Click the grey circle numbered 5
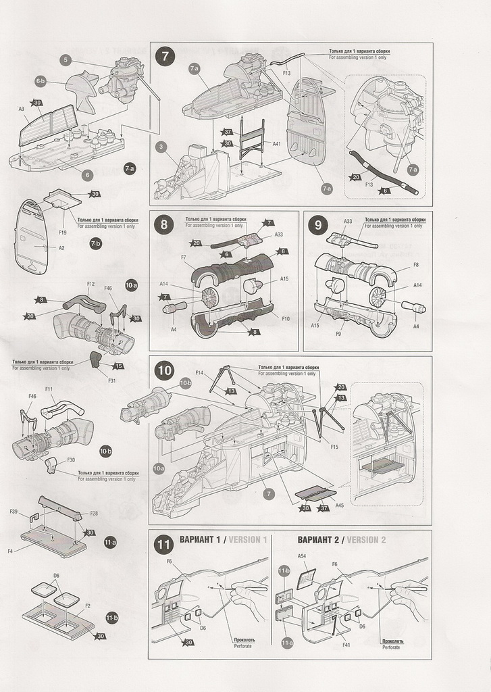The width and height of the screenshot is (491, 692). [x=66, y=60]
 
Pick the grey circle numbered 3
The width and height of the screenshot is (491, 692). [x=161, y=146]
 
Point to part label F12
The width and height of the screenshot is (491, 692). [x=91, y=284]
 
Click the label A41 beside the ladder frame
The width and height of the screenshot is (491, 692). [x=276, y=143]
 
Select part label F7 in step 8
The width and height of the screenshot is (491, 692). [x=183, y=257]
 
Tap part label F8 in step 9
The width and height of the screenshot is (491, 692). [x=415, y=265]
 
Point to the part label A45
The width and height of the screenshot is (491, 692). [x=339, y=504]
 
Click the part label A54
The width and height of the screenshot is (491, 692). [x=302, y=555]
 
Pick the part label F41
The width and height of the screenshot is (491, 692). [x=346, y=645]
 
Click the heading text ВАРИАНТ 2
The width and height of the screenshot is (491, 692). [x=318, y=540]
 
